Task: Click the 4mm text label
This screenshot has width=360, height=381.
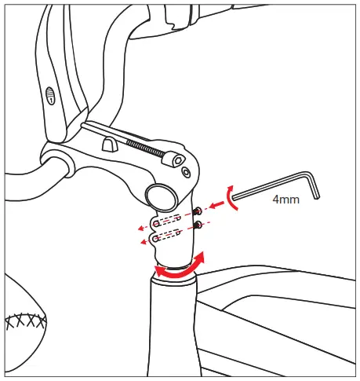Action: (285, 200)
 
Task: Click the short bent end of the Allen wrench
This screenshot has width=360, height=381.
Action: (315, 187)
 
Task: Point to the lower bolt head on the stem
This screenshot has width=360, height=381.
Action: (198, 225)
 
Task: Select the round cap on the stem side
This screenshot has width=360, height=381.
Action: (161, 195)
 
